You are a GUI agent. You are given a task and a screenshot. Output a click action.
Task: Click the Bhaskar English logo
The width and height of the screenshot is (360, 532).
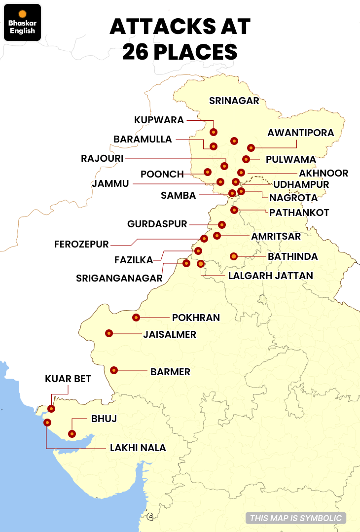(22, 22)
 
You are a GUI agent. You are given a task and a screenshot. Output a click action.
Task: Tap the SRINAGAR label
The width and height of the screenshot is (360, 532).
(234, 101)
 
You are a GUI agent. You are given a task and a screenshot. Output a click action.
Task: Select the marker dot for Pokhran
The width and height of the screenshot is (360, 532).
(136, 318)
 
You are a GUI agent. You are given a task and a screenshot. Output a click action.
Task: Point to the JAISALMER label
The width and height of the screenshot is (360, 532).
(170, 334)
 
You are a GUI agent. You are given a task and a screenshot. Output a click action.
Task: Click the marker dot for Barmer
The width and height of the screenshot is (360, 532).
(114, 370)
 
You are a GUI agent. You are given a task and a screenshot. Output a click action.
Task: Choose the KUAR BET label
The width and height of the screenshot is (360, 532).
(68, 379)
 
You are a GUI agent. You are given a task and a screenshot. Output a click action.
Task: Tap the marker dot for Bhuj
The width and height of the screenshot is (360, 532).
(72, 434)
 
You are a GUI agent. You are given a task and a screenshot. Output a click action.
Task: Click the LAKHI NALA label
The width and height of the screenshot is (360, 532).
(138, 448)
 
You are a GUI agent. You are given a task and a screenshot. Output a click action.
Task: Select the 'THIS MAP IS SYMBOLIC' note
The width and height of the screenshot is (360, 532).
(295, 518)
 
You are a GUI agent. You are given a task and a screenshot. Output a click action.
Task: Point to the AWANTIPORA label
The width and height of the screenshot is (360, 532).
(300, 133)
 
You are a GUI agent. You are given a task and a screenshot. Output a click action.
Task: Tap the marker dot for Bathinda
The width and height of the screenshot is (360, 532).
(234, 256)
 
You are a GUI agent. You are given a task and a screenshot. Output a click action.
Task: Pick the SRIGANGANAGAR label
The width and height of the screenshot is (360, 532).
(119, 278)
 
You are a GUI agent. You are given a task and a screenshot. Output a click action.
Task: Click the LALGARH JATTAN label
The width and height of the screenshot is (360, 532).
(270, 275)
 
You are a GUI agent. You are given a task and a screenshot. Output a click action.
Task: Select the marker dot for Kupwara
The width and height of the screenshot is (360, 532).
(214, 132)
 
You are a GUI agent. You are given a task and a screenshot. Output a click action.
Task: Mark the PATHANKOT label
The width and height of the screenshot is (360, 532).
(292, 213)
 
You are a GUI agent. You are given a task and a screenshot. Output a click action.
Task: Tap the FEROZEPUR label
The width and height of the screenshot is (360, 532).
(81, 244)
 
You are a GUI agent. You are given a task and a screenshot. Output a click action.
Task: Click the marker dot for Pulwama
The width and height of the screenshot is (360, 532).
(246, 159)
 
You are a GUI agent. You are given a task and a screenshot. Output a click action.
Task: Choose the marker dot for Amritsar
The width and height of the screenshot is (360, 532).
(217, 236)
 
